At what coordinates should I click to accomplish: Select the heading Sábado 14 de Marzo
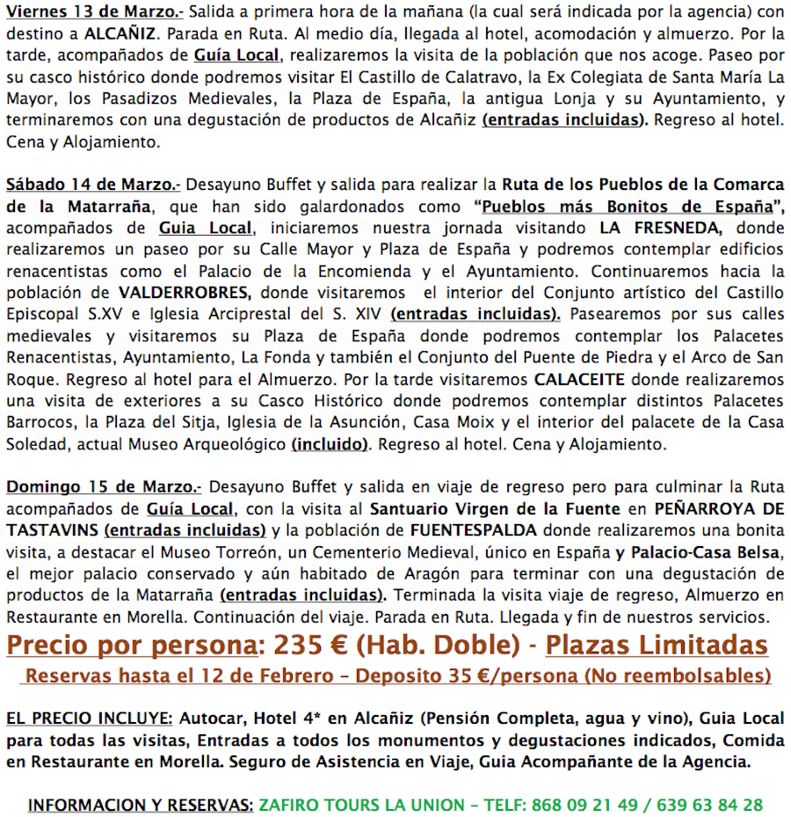point(92,186)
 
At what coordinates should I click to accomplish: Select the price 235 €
point(310,646)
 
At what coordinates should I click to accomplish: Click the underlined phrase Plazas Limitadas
point(657,646)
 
